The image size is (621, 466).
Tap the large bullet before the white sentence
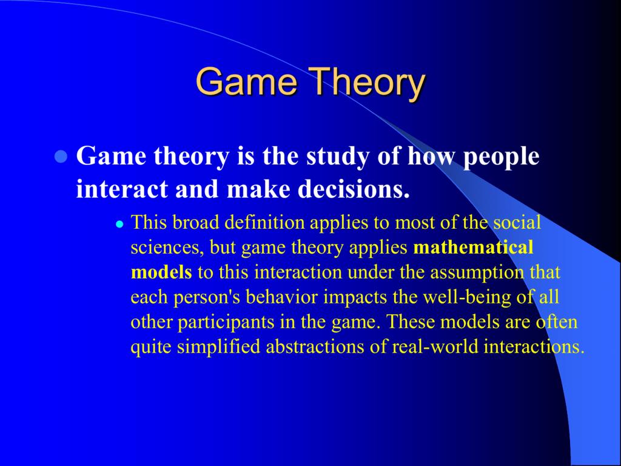(x=61, y=157)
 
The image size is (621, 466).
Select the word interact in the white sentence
(x=122, y=189)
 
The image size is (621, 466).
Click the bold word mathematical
(x=473, y=248)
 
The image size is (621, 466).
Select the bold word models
(x=161, y=272)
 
